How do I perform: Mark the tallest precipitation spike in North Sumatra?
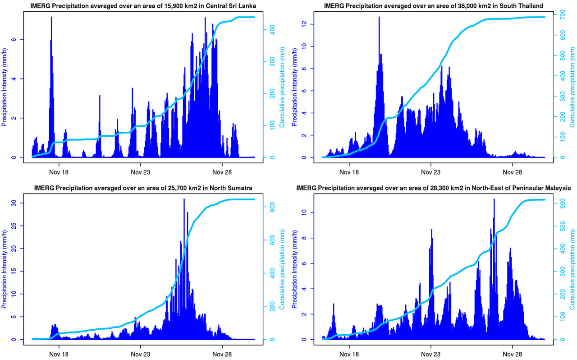click(184, 200)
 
